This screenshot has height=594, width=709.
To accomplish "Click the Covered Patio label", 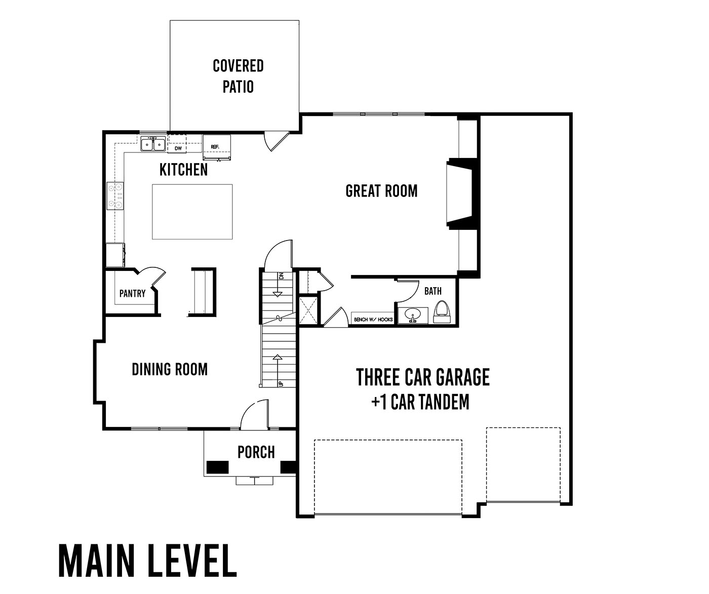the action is pos(238,76).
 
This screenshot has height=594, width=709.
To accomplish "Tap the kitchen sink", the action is pos(153,144).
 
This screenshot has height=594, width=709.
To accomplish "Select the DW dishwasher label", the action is pos(178,148).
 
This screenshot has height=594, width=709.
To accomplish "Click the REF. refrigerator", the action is pos(217,147).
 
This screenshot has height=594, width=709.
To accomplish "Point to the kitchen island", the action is pos(192,212).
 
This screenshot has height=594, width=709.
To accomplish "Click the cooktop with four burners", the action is pos(115,196).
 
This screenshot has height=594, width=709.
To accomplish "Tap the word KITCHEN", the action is pos(183,170).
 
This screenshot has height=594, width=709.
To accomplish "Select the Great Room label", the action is pos(381,191).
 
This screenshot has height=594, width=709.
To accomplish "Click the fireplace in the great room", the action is pos(462,192).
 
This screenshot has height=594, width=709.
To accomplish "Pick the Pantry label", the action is pos(132,293).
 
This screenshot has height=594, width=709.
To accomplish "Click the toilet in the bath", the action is pos(442,311).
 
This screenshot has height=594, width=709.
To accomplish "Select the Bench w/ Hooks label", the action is pos(373,320).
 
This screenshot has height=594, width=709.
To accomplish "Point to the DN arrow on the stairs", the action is pos(278,285).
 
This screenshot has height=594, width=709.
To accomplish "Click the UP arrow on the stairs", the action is pos(278,370).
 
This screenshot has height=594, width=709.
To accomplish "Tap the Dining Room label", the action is pos(170,370).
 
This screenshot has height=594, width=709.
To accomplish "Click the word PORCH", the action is pos(256,452).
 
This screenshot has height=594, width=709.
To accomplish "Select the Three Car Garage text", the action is pos(423,377).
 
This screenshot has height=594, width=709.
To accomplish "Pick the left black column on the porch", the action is pos(218,467).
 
